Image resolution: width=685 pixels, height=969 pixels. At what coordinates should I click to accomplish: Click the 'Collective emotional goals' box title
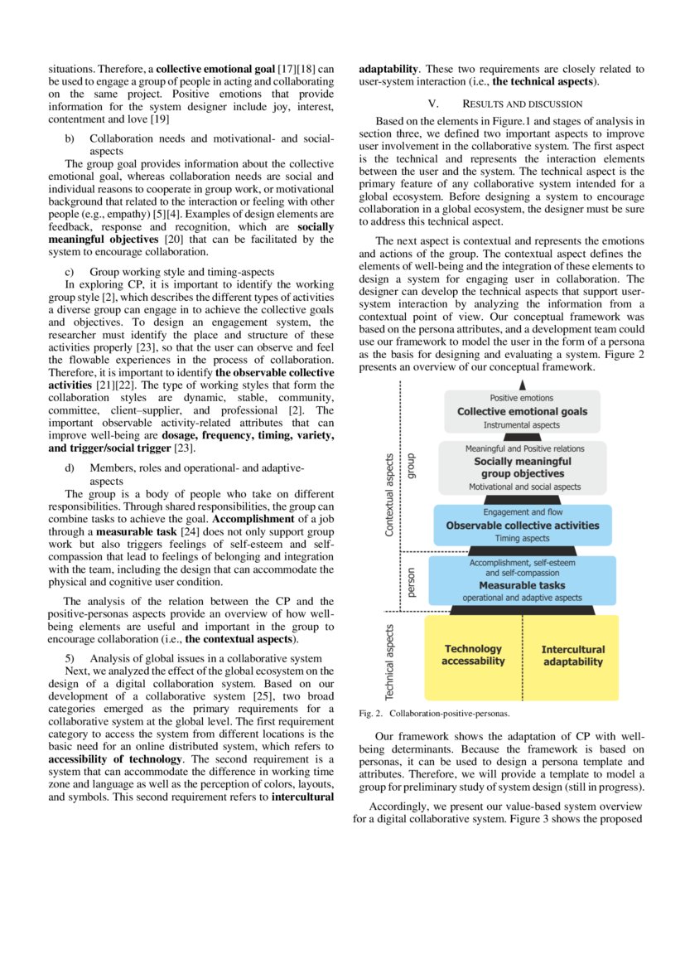(522, 411)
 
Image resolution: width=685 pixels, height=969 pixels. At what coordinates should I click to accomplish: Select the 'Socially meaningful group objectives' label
(522, 468)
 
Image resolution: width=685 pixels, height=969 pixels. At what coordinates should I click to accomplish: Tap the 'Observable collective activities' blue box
(522, 526)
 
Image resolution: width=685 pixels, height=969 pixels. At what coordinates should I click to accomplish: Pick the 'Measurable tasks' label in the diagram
(522, 584)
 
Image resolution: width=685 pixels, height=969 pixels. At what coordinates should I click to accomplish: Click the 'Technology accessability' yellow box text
(473, 655)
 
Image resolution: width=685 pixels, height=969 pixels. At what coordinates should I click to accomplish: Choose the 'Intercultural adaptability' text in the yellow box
(572, 655)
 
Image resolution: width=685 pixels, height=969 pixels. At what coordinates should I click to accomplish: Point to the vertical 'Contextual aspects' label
(389, 495)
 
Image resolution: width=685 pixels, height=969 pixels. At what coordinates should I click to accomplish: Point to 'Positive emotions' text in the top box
(522, 398)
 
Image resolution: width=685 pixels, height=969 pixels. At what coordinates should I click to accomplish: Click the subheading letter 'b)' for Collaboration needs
(70, 138)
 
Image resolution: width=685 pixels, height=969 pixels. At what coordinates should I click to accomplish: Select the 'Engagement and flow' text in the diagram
(522, 512)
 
